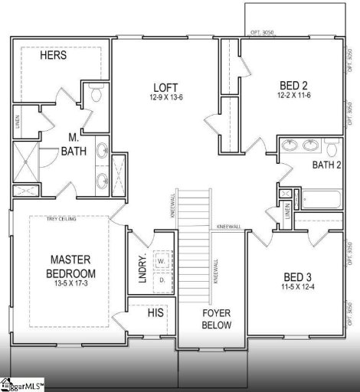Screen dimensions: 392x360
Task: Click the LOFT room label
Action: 165,87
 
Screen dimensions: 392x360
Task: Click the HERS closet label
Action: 54,56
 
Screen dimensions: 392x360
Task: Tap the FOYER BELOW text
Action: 216,318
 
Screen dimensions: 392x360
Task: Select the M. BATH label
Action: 74,144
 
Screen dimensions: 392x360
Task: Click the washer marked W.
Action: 161,262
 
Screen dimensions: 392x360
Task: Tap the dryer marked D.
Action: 161,280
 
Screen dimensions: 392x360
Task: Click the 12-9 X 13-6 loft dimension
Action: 165,98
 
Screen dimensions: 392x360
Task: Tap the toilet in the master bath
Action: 96,95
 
